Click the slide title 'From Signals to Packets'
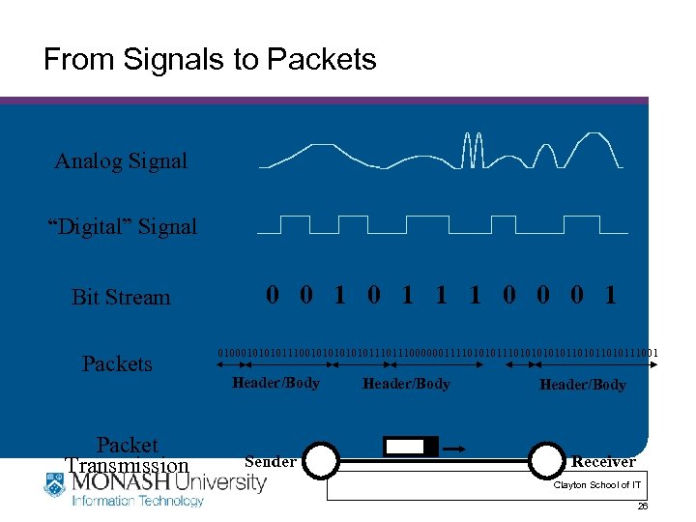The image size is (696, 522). tap(210, 60)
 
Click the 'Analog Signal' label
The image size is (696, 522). tap(121, 161)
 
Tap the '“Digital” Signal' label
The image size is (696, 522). tap(123, 227)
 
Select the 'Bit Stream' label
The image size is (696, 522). tap(121, 298)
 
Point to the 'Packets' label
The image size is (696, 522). tap(117, 364)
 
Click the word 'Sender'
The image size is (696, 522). tap(270, 461)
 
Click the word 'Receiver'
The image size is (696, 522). tap(604, 461)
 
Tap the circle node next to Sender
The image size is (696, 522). tap(321, 460)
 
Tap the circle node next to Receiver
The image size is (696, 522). tap(546, 460)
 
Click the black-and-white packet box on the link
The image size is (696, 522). tap(411, 446)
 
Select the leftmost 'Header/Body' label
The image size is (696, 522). tap(275, 383)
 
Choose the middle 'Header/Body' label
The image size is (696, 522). tap(406, 384)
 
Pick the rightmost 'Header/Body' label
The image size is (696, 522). tap(583, 385)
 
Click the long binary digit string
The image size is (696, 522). tap(438, 354)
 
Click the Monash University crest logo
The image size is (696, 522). tap(55, 483)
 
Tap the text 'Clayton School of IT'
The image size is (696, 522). tap(596, 484)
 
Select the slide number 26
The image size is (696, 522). tap(642, 507)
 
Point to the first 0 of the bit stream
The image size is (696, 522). tap(274, 294)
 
